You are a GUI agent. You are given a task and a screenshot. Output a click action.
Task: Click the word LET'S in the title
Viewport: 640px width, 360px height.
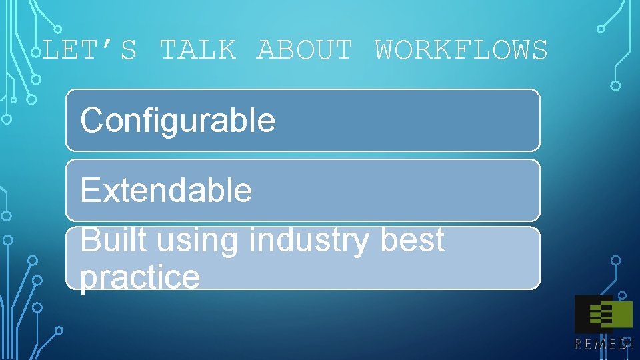coord(89,51)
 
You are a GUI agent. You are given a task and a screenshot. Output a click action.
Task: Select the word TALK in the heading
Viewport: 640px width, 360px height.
coord(198,51)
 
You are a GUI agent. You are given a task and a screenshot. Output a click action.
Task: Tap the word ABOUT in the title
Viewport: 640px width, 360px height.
coord(305,51)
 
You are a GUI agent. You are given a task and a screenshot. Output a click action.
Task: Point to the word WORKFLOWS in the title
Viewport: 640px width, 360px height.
coord(461,51)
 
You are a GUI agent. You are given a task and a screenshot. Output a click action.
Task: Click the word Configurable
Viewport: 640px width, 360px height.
coord(177,121)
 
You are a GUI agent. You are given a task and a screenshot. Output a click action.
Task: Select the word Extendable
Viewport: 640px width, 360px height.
coord(166,191)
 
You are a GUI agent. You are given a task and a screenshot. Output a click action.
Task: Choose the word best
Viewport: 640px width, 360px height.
coord(412,240)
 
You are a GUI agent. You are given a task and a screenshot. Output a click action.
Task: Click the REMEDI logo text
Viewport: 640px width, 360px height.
coord(604,344)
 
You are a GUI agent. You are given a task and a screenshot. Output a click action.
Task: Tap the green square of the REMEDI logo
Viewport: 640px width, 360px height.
coord(621,315)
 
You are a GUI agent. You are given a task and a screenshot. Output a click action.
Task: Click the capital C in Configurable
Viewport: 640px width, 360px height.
coord(91,121)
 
